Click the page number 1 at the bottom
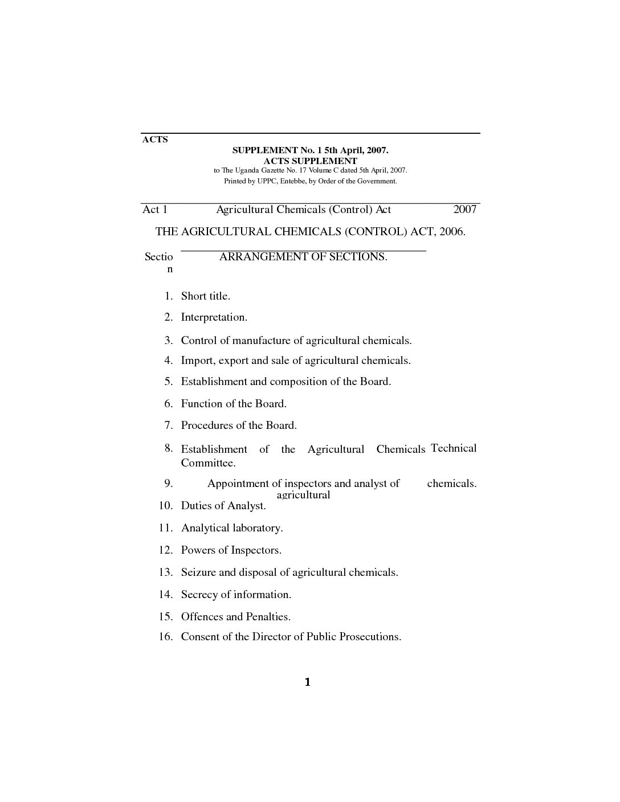coord(308,682)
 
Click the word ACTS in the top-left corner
coord(155,140)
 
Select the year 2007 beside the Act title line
coord(464,210)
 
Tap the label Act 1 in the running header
coord(155,210)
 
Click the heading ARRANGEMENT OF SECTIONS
coord(303,257)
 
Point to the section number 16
coord(165,637)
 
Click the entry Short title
coord(205,296)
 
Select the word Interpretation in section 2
coord(214,317)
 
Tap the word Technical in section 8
coord(454,448)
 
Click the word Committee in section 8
coord(207,463)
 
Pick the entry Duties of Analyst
coord(223,506)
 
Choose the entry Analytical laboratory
coord(232,528)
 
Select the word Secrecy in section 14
coord(199,595)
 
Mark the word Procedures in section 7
coord(206,425)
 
